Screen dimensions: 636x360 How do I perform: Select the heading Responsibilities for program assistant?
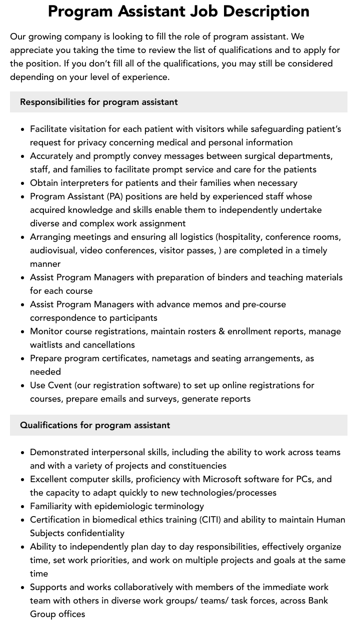[x=99, y=102]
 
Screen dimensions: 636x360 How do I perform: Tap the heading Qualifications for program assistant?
[x=95, y=425]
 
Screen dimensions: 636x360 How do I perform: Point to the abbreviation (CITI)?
[x=211, y=520]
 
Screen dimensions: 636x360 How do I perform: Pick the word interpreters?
[x=86, y=183]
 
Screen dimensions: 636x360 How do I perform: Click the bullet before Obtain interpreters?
[x=22, y=183]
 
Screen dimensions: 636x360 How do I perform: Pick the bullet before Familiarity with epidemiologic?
[x=22, y=506]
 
